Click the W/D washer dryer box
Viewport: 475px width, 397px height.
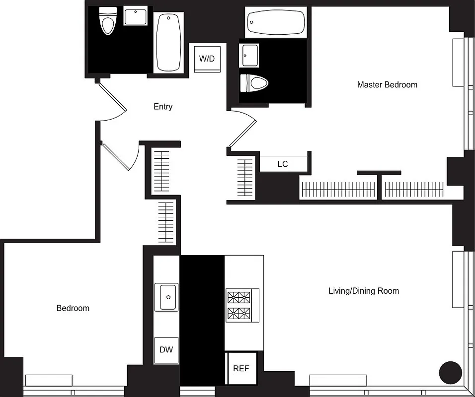(x=207, y=59)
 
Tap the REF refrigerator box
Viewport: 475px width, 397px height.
(x=241, y=368)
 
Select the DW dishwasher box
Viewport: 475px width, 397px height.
(x=166, y=350)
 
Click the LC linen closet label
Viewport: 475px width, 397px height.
(x=282, y=164)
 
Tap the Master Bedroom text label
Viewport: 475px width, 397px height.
(x=387, y=85)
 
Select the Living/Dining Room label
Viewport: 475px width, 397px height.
(x=363, y=291)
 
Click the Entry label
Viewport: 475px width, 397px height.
(x=163, y=107)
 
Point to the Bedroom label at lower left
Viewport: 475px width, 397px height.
(x=73, y=308)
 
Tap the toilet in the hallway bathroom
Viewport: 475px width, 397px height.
(x=107, y=20)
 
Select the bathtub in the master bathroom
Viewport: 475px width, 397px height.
(x=276, y=22)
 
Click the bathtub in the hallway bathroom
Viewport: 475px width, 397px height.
(x=169, y=42)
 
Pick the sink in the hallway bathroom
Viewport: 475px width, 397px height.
(x=135, y=17)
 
